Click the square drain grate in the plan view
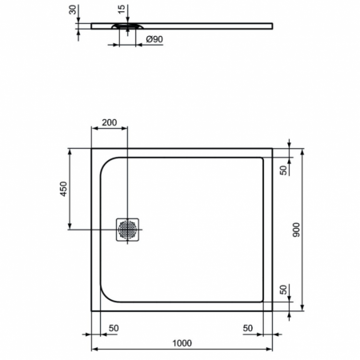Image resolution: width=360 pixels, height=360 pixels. pos(128,230)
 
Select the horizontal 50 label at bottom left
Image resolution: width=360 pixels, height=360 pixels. pos(114,328)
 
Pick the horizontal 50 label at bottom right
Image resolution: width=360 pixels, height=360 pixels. pos(248,328)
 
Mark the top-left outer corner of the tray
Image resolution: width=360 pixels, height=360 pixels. pos(90,149)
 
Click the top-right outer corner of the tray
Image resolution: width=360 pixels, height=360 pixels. pos(274,149)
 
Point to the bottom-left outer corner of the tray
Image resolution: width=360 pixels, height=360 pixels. pos(90,310)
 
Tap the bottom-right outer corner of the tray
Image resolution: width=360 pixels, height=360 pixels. pos(274,310)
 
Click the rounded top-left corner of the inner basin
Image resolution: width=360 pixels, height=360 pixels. pos(106,164)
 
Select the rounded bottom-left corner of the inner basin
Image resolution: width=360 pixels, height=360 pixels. pos(106,296)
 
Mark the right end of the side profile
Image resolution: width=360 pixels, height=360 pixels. pos(274,26)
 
